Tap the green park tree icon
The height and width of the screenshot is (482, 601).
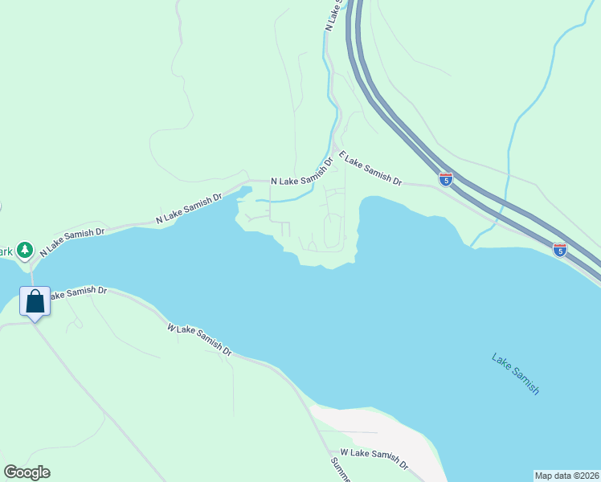tap(25, 250)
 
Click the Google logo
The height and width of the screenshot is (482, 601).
tap(27, 472)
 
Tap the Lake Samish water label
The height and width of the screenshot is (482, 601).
tap(516, 374)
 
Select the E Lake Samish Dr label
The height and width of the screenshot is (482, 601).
tap(370, 169)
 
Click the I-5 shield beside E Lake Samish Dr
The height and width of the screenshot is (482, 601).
tap(446, 178)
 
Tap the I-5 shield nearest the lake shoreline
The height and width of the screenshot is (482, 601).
tap(560, 250)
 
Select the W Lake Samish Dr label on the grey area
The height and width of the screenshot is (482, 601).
tap(374, 459)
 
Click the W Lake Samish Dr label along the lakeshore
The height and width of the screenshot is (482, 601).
tap(199, 340)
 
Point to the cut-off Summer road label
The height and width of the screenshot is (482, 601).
tap(341, 470)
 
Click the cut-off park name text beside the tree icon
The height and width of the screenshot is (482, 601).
tap(7, 251)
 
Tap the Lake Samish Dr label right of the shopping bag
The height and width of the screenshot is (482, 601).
tap(78, 292)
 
